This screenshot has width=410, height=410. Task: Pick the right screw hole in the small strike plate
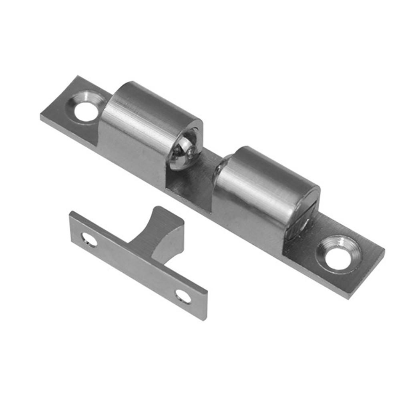pos(183,296)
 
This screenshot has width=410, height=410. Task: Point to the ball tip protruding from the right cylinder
pos(219,168)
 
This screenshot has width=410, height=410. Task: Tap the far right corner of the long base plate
pos(384,251)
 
